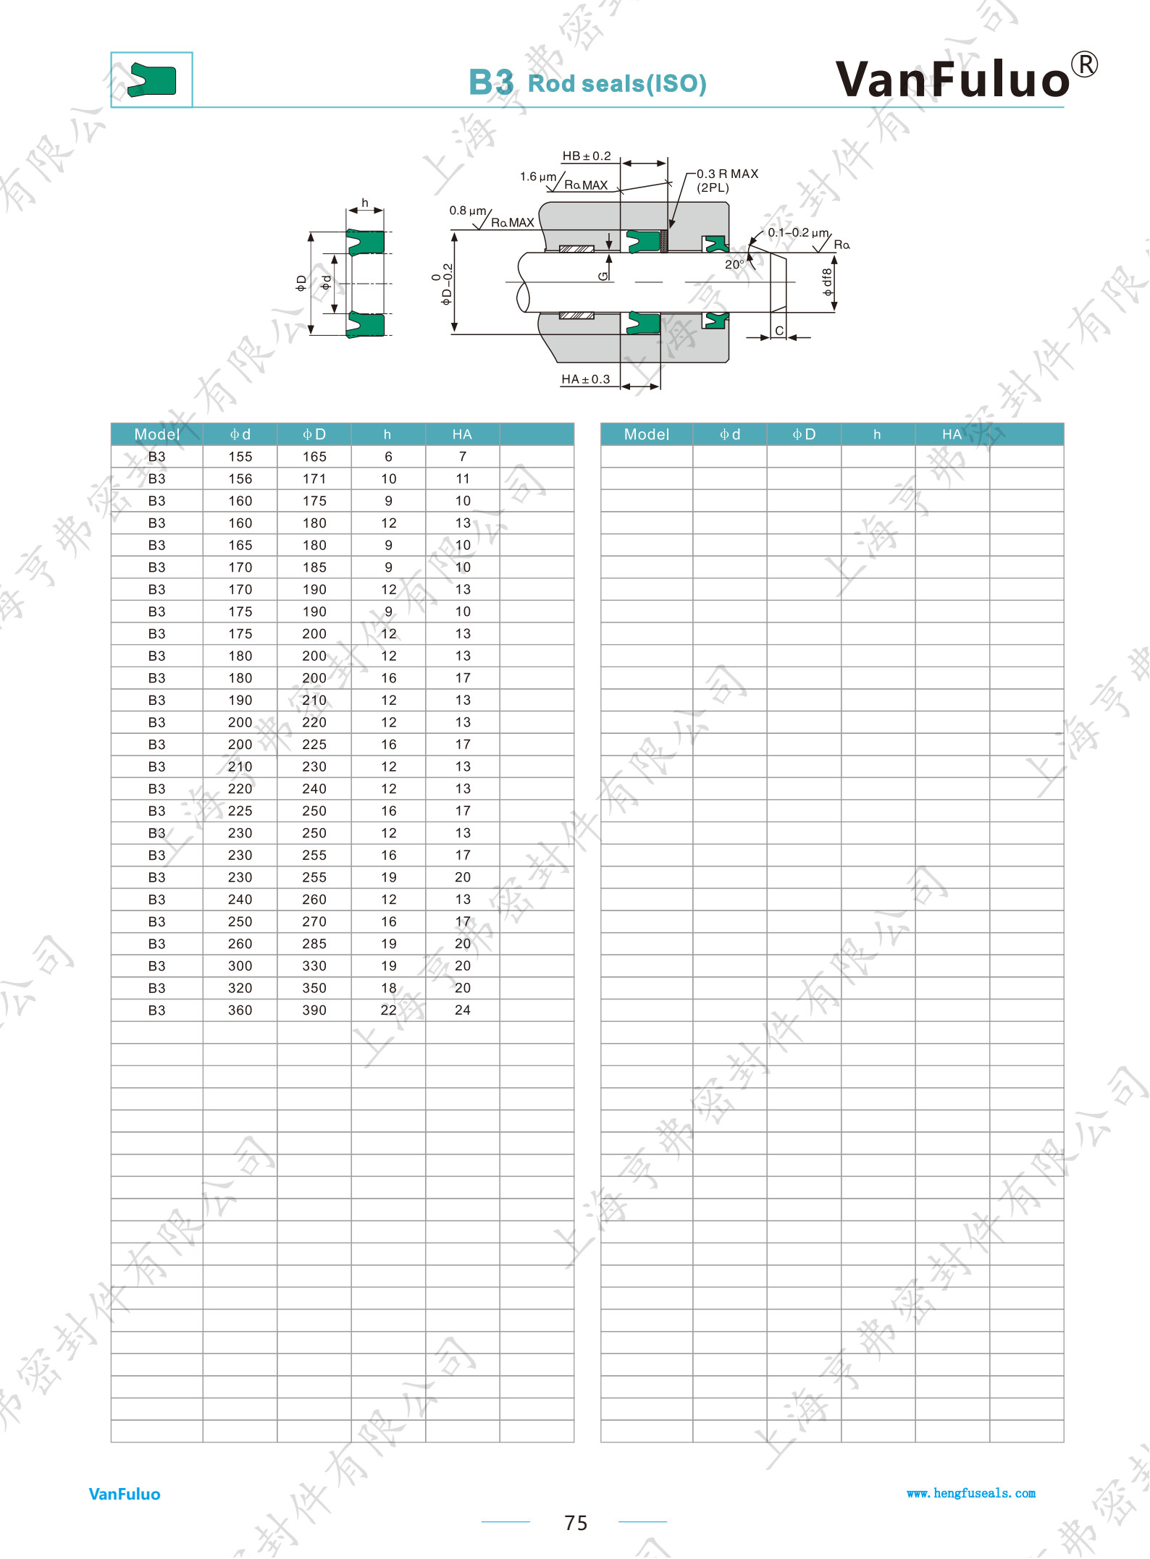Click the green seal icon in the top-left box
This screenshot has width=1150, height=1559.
152,80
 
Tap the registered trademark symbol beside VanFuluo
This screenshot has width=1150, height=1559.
1084,64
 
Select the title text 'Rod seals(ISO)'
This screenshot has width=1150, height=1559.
617,84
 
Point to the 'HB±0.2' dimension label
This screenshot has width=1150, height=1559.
587,156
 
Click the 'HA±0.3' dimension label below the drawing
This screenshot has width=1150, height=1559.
585,379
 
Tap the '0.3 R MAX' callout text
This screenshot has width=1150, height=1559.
727,174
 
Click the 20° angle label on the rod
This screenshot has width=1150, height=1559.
734,264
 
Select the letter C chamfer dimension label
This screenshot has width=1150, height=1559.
779,331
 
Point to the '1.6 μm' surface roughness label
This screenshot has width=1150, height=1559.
538,177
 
